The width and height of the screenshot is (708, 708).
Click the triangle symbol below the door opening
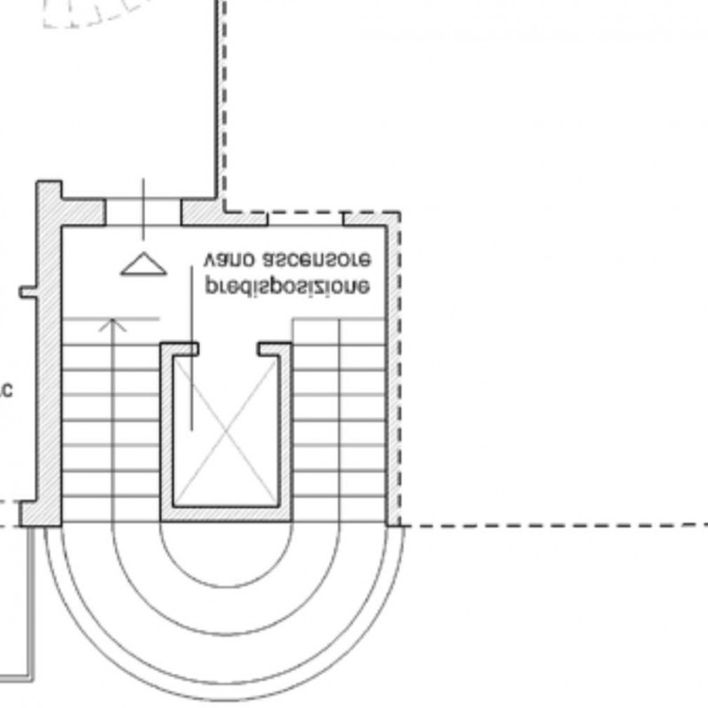coord(143,264)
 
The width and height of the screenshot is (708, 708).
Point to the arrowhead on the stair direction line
coord(112,324)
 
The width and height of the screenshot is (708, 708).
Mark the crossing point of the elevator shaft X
coord(226,430)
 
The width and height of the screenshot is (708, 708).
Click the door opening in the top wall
coord(143,212)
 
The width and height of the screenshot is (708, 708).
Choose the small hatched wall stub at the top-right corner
coord(370,218)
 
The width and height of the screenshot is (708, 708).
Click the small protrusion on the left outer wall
coord(27,291)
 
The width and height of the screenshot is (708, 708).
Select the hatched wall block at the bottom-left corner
coord(40,512)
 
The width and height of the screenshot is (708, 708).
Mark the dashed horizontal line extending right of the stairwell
coord(549,526)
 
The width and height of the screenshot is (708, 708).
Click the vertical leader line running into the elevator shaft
coord(192,354)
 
